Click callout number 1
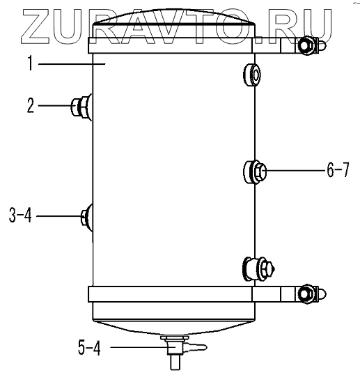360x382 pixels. click(30, 63)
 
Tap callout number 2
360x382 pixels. click(31, 105)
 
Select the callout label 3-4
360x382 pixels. click(20, 215)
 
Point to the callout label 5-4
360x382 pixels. click(89, 347)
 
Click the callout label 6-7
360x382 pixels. click(338, 170)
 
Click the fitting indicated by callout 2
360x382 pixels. click(81, 107)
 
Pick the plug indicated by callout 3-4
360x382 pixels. click(87, 217)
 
